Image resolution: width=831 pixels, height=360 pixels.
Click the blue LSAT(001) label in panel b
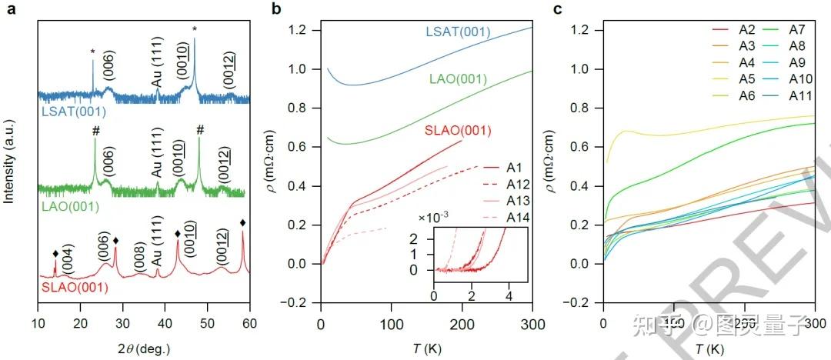click(458, 32)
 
